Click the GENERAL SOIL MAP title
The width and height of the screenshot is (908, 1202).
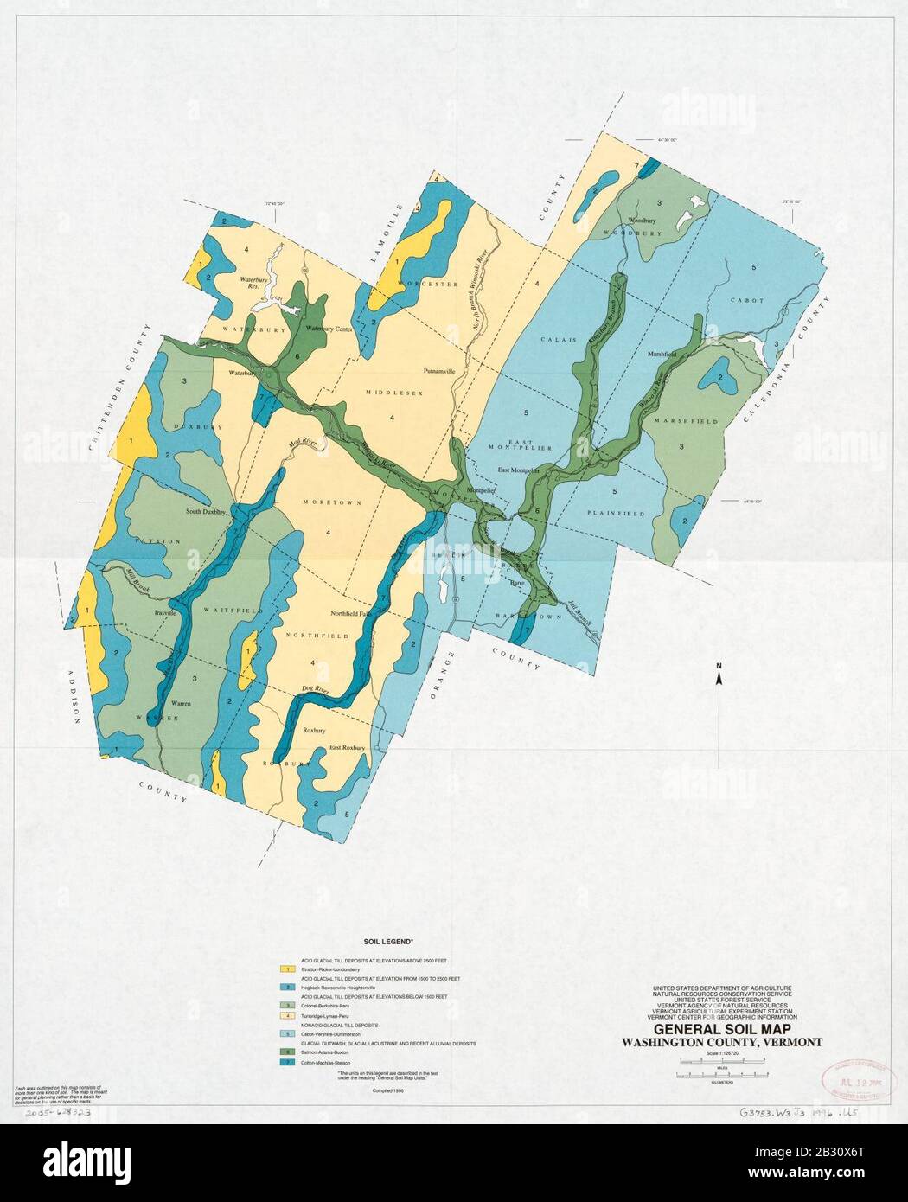721,1030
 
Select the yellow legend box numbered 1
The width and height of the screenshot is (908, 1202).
283,969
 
